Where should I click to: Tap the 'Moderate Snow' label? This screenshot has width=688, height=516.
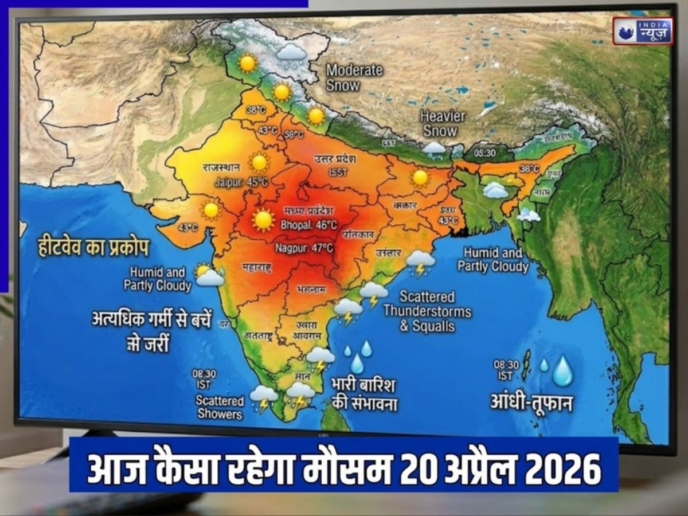pyautogui.click(x=354, y=78)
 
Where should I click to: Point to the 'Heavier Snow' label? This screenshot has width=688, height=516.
pyautogui.click(x=442, y=123)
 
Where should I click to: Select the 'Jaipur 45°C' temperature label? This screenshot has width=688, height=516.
pyautogui.click(x=241, y=182)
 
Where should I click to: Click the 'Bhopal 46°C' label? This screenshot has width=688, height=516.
pyautogui.click(x=308, y=225)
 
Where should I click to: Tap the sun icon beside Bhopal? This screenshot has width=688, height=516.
pyautogui.click(x=264, y=220)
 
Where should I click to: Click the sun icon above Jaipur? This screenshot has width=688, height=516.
pyautogui.click(x=259, y=162)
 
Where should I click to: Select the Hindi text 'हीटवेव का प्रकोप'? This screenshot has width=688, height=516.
pyautogui.click(x=93, y=248)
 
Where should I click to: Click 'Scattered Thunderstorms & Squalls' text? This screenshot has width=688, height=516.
pyautogui.click(x=427, y=312)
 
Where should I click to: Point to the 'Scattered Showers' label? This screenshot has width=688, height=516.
pyautogui.click(x=220, y=406)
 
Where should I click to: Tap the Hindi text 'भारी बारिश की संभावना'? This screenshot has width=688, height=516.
pyautogui.click(x=365, y=394)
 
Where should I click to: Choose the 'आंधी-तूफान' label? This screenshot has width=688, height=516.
pyautogui.click(x=531, y=402)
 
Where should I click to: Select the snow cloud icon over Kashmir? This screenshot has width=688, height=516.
pyautogui.click(x=291, y=54)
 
